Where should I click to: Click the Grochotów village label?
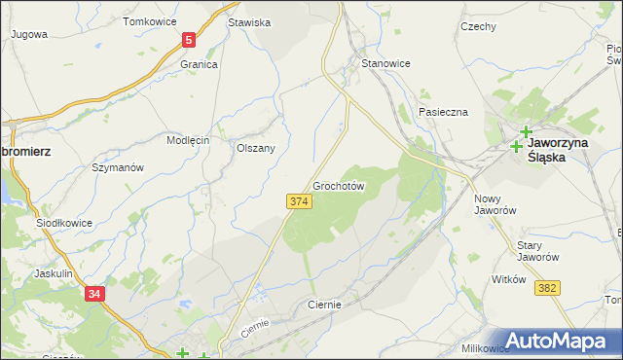[339, 185]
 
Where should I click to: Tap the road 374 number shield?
[299, 200]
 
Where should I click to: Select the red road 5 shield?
[189, 40]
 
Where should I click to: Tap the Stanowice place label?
[385, 63]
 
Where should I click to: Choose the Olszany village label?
[256, 148]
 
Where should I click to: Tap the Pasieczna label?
[443, 112]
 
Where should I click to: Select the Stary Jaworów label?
[536, 251]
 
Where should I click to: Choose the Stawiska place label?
[248, 21]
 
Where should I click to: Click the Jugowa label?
[28, 34]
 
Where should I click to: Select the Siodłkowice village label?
[64, 222]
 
